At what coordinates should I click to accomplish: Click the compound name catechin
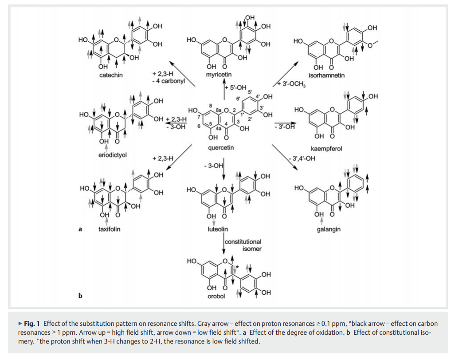110,75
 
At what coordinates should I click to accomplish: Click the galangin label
329,229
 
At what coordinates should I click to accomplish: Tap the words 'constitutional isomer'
243,245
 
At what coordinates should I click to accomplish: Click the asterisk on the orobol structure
238,266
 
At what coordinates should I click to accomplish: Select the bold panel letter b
80,295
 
